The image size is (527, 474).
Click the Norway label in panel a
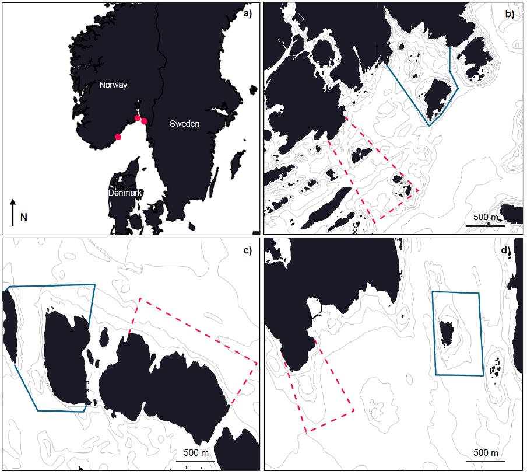113,85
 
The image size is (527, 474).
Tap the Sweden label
185,124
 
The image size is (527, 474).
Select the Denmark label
125,193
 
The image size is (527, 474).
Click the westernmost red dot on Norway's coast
118,137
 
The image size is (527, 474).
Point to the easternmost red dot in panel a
144,121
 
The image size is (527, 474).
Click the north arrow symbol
13,212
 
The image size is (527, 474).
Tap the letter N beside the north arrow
23,217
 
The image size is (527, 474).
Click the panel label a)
247,13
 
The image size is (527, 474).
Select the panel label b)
510,14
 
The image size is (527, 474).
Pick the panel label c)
247,250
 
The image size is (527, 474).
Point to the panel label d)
506,250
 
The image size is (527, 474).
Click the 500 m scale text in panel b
486,217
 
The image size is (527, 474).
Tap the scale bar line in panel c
195,461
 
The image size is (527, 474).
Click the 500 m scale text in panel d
486,453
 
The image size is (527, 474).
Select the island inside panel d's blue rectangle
447,333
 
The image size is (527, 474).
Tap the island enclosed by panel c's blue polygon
66,357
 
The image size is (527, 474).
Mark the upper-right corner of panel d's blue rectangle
479,293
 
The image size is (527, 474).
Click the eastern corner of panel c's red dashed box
257,364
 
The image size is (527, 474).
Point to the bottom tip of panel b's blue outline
429,126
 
